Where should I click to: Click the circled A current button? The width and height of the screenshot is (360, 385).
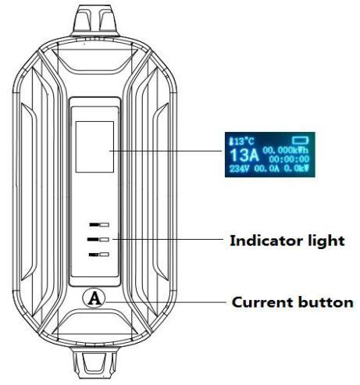click(94, 298)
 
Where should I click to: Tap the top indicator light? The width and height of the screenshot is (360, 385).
click(99, 225)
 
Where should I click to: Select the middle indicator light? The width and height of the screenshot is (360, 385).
click(98, 240)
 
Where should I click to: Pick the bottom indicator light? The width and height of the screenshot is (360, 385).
click(99, 255)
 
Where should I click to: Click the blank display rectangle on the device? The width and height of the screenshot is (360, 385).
click(94, 147)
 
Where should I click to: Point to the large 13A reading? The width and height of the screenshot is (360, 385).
click(244, 155)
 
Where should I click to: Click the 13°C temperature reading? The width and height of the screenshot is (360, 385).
click(244, 141)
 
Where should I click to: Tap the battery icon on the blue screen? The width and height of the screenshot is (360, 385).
click(300, 141)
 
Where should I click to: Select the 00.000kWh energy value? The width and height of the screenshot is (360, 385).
click(286, 150)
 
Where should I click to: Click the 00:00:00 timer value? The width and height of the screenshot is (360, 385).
click(289, 159)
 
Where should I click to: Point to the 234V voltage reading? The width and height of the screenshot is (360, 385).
click(239, 169)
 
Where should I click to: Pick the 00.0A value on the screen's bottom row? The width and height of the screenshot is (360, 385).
click(266, 169)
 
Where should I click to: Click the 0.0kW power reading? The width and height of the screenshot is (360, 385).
click(296, 169)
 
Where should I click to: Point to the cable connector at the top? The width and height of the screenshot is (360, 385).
click(95, 20)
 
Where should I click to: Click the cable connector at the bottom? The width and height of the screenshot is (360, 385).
click(94, 364)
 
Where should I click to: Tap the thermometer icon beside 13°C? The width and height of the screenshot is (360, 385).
click(231, 141)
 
